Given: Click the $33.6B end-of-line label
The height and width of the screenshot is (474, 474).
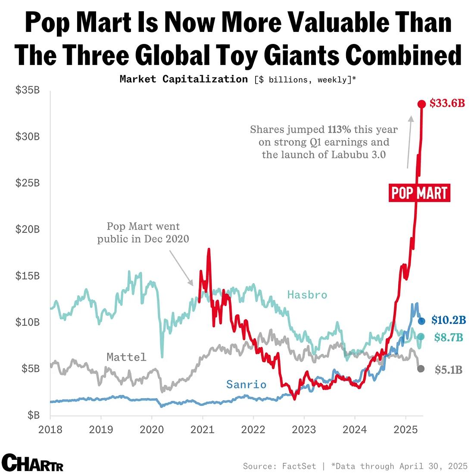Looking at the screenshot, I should click(x=447, y=103).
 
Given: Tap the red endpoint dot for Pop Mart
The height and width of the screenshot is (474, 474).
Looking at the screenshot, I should click(x=421, y=104).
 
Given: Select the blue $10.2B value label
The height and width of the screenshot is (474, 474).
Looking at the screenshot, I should click(x=448, y=320).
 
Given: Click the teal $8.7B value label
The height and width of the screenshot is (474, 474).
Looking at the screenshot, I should click(x=448, y=337).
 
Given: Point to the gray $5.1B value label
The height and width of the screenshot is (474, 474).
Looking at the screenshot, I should click(x=448, y=370).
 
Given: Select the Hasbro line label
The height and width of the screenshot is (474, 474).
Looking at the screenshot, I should click(x=307, y=295).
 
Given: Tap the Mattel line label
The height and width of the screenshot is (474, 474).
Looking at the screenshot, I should click(x=126, y=357).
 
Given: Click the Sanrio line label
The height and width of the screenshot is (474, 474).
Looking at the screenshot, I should click(x=246, y=384).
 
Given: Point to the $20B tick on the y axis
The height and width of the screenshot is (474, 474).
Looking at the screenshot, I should click(x=28, y=229).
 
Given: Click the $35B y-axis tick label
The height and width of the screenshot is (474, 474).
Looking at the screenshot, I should click(x=28, y=90).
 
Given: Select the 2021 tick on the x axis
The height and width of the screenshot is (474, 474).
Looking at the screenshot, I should click(x=203, y=429).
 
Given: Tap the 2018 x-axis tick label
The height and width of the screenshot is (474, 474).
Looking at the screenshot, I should click(x=50, y=429).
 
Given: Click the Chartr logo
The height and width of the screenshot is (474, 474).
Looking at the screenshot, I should click(x=33, y=463).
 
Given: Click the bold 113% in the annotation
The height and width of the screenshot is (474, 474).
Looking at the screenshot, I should click(x=339, y=130).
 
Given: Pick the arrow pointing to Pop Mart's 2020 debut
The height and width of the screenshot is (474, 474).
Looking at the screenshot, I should click(x=181, y=268).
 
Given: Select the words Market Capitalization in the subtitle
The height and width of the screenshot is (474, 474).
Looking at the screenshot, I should click(x=184, y=79).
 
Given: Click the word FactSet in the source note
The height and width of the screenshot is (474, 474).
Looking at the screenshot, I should click(x=299, y=466).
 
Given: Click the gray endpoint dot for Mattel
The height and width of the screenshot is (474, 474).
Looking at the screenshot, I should click(x=421, y=369).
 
